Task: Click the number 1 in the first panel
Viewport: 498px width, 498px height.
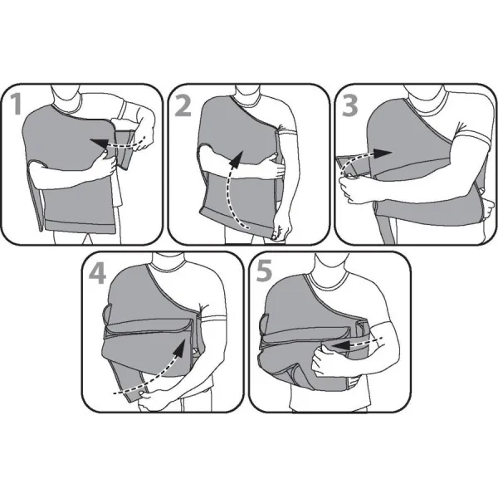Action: [x=16, y=105]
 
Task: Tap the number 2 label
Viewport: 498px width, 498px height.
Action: [x=183, y=105]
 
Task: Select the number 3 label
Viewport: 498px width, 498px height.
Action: [x=349, y=105]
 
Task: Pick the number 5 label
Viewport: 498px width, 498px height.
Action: [x=264, y=271]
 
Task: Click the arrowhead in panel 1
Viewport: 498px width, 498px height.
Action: [x=99, y=144]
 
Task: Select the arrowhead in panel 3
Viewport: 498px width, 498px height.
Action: [x=382, y=153]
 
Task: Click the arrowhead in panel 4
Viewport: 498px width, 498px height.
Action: [x=180, y=347]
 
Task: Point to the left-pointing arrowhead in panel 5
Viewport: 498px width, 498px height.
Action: [x=341, y=345]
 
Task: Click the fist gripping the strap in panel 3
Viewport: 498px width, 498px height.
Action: [x=351, y=189]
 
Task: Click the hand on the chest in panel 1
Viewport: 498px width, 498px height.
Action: [x=107, y=163]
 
